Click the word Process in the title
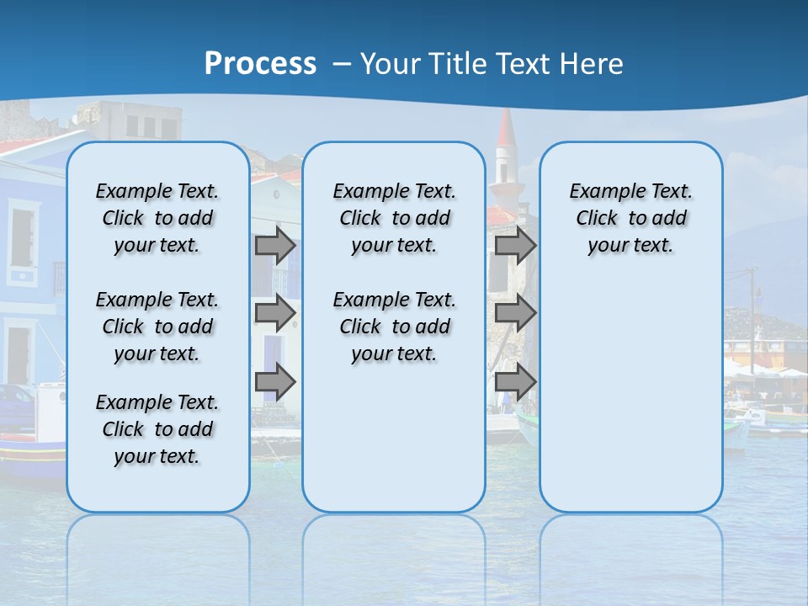click(x=260, y=63)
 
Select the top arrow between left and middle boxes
click(x=275, y=245)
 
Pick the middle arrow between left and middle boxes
click(x=275, y=313)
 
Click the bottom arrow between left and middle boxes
click(x=275, y=382)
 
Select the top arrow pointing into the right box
click(x=515, y=245)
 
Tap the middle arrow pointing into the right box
click(x=515, y=313)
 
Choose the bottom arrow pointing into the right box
click(x=515, y=382)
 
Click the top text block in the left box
click(x=157, y=218)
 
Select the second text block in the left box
click(x=157, y=327)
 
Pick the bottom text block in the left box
click(x=157, y=429)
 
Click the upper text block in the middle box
click(x=394, y=218)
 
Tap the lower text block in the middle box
click(x=394, y=327)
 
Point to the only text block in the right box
click(x=630, y=218)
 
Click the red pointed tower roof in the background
click(x=506, y=130)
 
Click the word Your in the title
click(x=391, y=63)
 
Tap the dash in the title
click(x=342, y=63)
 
